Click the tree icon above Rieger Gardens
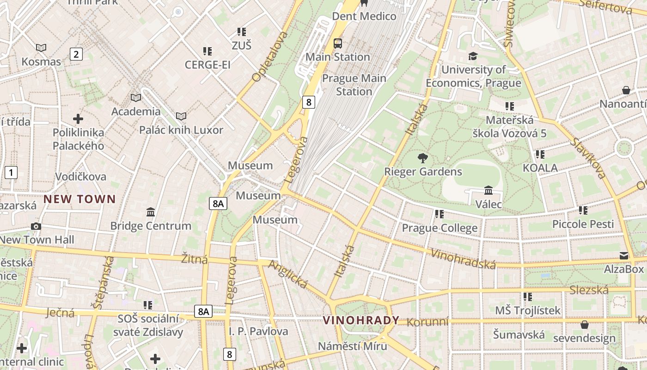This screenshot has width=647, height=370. click(x=422, y=158)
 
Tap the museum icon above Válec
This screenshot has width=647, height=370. click(x=488, y=190)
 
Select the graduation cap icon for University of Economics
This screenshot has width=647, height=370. click(x=473, y=56)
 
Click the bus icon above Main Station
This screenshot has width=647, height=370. click(x=338, y=43)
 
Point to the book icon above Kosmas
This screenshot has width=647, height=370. click(x=41, y=48)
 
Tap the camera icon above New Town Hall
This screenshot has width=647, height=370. click(x=36, y=226)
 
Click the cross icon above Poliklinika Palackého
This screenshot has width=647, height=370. click(x=78, y=119)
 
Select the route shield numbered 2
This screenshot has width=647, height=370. click(x=76, y=54)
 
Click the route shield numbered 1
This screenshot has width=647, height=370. click(x=11, y=173)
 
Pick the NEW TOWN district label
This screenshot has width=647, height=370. click(x=79, y=199)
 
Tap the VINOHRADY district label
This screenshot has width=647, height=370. click(x=361, y=320)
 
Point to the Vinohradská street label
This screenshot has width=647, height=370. click(x=464, y=259)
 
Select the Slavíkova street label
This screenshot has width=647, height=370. click(x=587, y=158)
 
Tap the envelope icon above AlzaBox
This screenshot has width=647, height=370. click(x=624, y=256)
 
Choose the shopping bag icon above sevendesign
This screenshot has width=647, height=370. click(x=584, y=325)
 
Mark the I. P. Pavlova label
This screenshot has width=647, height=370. click(x=258, y=331)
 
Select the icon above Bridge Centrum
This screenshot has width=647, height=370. click(x=151, y=212)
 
